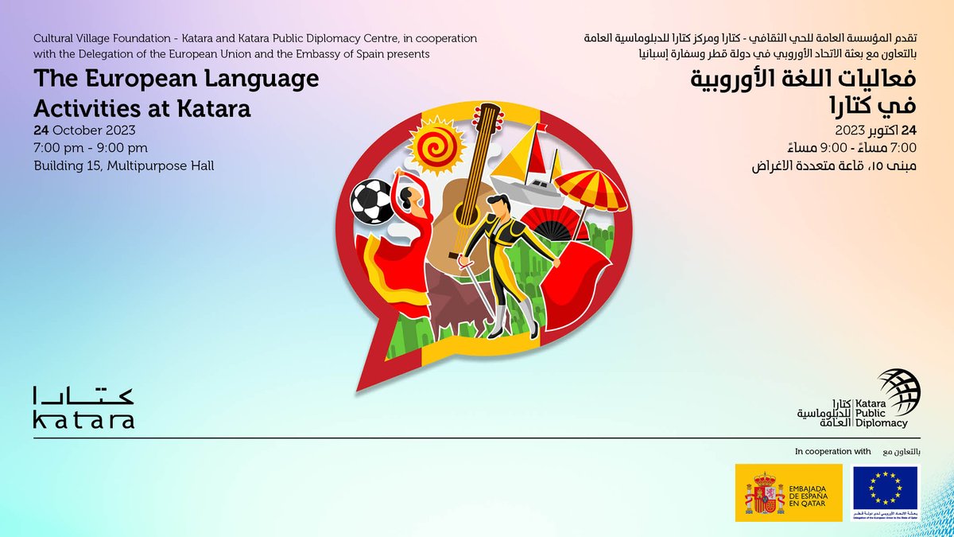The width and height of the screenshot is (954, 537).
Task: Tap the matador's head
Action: (498, 208)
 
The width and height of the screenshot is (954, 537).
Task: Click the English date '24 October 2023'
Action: (84, 130)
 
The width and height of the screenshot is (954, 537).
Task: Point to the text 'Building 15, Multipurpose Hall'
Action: (123, 165)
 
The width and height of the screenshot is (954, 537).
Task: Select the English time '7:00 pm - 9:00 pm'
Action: (90, 148)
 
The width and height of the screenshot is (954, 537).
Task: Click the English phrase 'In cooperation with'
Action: (833, 451)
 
